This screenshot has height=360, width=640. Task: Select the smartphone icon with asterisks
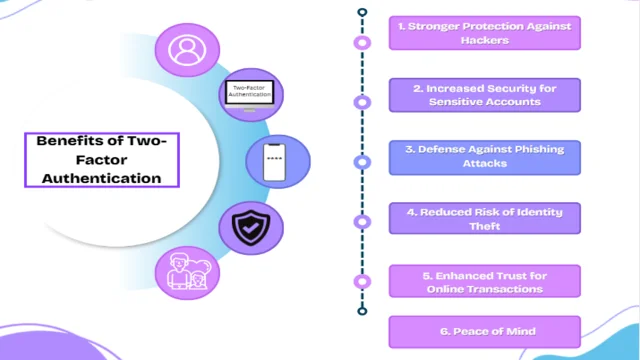coord(277,162)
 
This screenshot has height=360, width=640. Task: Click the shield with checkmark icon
coord(244,228)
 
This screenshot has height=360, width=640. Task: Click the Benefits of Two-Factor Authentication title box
coord(101,160)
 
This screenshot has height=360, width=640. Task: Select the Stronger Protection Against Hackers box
coord(484,33)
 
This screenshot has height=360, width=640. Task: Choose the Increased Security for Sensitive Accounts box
coord(484,96)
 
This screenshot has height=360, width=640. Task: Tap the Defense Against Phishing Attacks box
coord(484,157)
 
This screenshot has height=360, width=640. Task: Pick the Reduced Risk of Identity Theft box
coord(484,218)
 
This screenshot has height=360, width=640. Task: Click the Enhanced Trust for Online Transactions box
coord(484,281)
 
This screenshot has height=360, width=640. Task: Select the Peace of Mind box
coord(484,331)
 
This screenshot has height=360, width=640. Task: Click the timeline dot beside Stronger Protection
coord(362,42)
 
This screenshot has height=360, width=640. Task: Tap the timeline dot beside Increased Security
coord(362,102)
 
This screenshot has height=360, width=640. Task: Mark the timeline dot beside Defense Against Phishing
coord(362,160)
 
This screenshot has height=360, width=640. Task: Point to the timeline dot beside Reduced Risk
coord(362,221)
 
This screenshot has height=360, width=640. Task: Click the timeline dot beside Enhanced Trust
coord(362,282)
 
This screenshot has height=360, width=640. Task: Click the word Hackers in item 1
coord(484,41)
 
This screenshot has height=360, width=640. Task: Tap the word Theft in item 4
coord(484,226)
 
